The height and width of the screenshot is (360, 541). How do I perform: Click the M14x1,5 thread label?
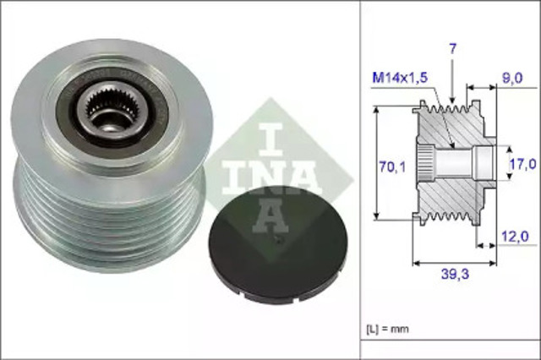pos(401,78)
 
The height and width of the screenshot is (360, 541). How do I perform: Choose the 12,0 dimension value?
pos(515,237)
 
